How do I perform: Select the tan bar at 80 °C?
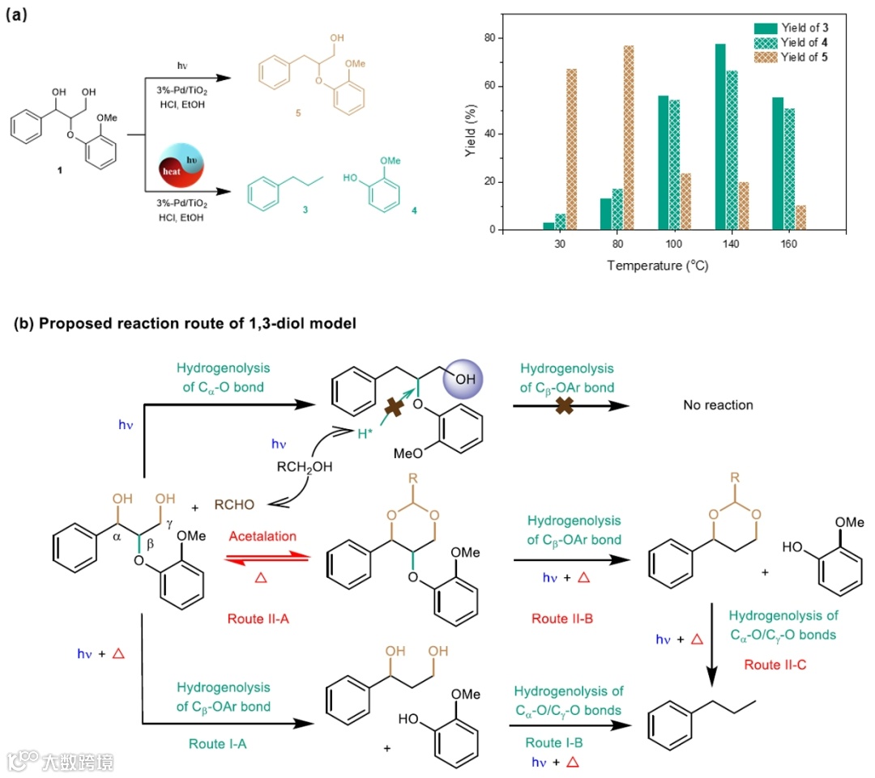pyautogui.click(x=629, y=138)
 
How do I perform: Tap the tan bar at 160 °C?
pyautogui.click(x=800, y=217)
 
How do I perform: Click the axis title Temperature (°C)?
pyautogui.click(x=657, y=266)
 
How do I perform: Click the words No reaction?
pyautogui.click(x=717, y=404)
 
